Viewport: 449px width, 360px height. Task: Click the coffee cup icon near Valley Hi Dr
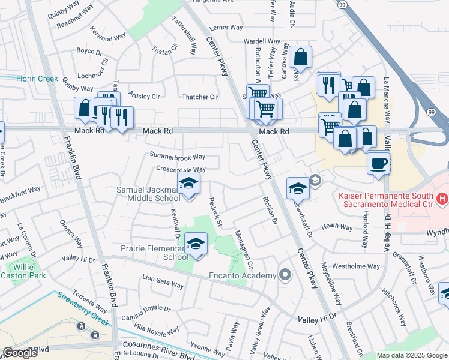(378, 163)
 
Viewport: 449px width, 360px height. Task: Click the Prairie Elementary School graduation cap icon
(195, 244)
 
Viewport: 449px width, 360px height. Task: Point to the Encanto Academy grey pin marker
(285, 276)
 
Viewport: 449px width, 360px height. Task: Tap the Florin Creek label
(37, 78)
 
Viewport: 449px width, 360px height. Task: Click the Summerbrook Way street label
(177, 156)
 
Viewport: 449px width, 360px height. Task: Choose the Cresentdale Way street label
(181, 170)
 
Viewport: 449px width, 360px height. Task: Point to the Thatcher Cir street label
(200, 97)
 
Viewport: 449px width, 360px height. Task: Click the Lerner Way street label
(226, 28)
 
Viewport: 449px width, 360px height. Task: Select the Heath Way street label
(337, 227)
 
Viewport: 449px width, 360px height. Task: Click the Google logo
(20, 353)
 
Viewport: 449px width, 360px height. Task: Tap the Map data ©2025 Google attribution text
(412, 355)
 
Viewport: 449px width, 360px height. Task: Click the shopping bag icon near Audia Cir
(300, 58)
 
